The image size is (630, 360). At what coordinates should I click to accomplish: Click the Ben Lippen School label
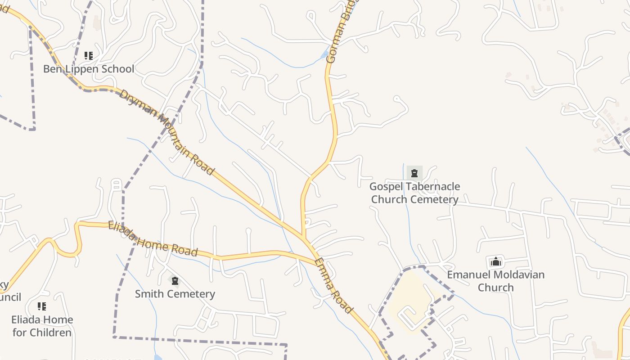89,69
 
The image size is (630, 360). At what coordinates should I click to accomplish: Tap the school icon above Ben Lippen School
89,56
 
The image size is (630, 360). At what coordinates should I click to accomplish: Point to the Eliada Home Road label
153,238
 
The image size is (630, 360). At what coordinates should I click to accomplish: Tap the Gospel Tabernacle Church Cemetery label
414,193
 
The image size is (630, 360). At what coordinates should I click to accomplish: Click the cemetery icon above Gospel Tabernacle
414,173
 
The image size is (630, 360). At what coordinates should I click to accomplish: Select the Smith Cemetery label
175,294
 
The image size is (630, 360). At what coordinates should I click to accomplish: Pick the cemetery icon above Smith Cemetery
175,281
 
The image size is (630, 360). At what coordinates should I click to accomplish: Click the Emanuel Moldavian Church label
495,281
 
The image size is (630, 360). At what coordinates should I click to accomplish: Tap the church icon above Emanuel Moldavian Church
495,261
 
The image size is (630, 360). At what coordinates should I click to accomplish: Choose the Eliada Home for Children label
42,326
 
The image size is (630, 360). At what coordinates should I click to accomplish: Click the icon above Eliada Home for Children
42,306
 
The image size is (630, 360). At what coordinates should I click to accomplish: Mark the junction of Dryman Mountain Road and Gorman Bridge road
304,238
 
